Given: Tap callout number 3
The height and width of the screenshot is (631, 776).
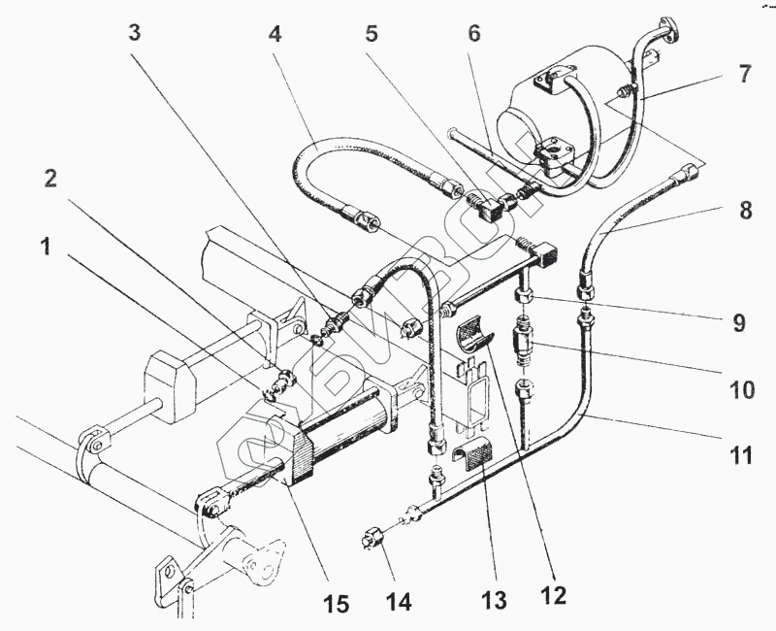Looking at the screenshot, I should [x=135, y=31].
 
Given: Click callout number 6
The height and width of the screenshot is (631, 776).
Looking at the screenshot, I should [x=473, y=31].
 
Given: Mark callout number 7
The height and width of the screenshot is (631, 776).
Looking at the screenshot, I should [x=744, y=74].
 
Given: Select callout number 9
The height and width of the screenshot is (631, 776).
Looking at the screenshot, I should [x=739, y=322].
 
